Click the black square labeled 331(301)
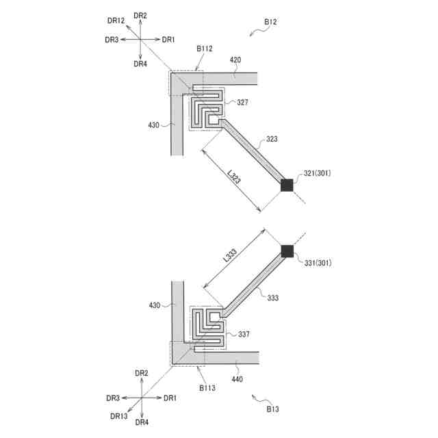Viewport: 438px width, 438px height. click(x=287, y=250)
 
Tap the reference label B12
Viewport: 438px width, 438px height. click(x=270, y=23)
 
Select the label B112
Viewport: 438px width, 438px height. click(x=205, y=49)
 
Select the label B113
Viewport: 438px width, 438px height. click(x=207, y=388)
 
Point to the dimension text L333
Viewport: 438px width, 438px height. click(x=231, y=258)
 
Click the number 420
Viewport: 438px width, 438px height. click(x=235, y=60)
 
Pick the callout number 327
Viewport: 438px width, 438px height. click(x=242, y=102)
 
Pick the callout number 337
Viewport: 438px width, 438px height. click(x=244, y=335)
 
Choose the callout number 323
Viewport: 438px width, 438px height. click(x=272, y=139)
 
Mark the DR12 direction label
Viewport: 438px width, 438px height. click(x=115, y=21)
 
